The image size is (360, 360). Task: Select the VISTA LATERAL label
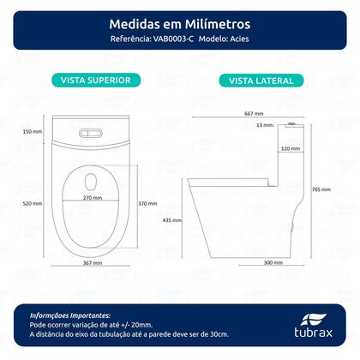pos(261,81)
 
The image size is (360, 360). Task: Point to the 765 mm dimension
pos(322,190)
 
